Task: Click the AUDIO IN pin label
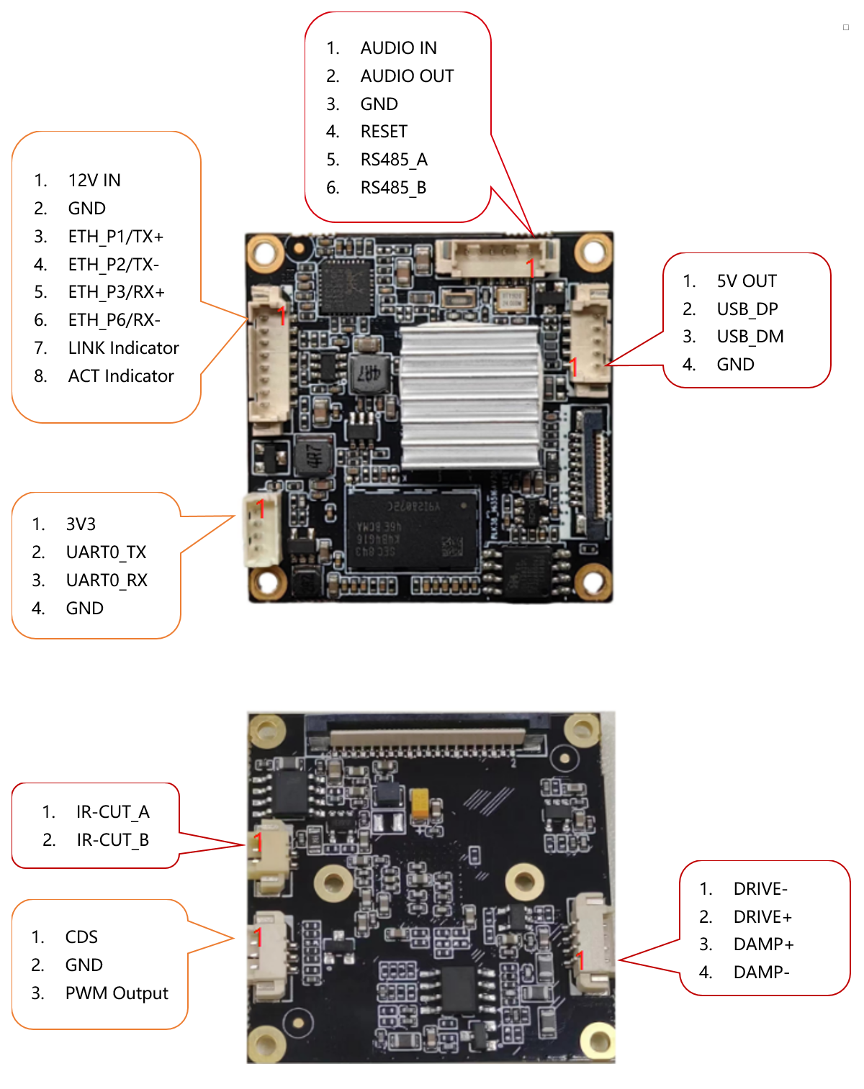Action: tap(398, 48)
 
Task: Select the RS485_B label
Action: tap(393, 188)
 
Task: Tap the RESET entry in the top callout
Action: tap(384, 132)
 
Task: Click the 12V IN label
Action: tap(94, 181)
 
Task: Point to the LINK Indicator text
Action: tap(123, 348)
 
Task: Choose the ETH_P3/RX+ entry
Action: tap(116, 292)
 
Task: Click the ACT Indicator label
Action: tap(121, 376)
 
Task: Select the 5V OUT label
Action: tap(747, 281)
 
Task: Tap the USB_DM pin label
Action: tap(750, 337)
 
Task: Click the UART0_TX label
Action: tap(106, 552)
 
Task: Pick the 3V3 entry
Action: tap(81, 524)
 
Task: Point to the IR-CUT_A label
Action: tap(112, 812)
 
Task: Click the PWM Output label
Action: tap(117, 993)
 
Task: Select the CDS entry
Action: tap(81, 937)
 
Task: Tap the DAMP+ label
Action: tap(763, 944)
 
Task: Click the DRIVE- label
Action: tap(760, 889)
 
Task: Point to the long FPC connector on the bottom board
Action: tap(428, 735)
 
